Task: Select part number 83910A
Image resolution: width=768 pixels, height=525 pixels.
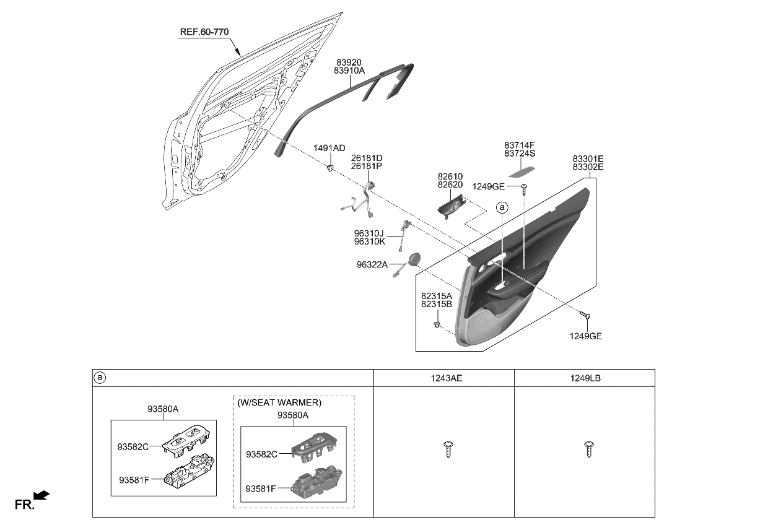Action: (349, 71)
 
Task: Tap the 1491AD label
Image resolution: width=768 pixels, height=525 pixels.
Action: (329, 148)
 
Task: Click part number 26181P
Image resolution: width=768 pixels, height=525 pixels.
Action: (367, 167)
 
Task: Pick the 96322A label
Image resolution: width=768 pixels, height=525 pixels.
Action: (372, 265)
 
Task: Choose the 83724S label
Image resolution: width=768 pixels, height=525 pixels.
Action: (520, 153)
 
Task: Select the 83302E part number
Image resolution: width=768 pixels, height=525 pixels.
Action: (588, 167)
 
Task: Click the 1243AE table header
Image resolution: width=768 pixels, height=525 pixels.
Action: (444, 378)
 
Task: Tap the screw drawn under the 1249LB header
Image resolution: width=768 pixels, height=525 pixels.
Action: (588, 449)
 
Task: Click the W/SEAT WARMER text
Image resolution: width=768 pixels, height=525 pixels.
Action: (279, 402)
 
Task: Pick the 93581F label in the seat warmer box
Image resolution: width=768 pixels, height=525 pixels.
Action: (260, 488)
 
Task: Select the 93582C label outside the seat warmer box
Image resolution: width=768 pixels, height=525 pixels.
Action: (133, 446)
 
